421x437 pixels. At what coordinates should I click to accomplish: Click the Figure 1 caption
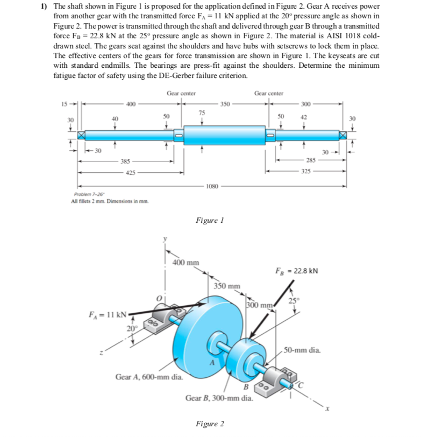pos(210,221)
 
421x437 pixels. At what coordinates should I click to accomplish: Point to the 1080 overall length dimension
pos(212,186)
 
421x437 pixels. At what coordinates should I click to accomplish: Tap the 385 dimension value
pos(124,160)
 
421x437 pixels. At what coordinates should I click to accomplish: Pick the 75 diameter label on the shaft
pos(202,112)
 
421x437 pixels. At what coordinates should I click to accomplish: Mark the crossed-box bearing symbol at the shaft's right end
pos(341,135)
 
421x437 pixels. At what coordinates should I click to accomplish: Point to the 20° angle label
pos(131,328)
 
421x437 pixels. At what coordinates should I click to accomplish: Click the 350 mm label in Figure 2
pos(227,285)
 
